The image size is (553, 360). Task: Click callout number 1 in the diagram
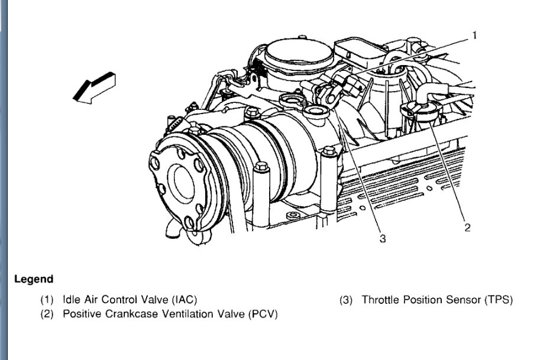(474, 35)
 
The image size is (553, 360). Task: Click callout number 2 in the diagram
(467, 228)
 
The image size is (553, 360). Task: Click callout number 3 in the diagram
(383, 239)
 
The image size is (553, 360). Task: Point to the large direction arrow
(93, 87)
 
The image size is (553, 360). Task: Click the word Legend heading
(34, 279)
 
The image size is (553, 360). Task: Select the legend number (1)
(47, 300)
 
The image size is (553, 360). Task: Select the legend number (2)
(47, 313)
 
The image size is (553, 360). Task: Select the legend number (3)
(346, 300)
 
